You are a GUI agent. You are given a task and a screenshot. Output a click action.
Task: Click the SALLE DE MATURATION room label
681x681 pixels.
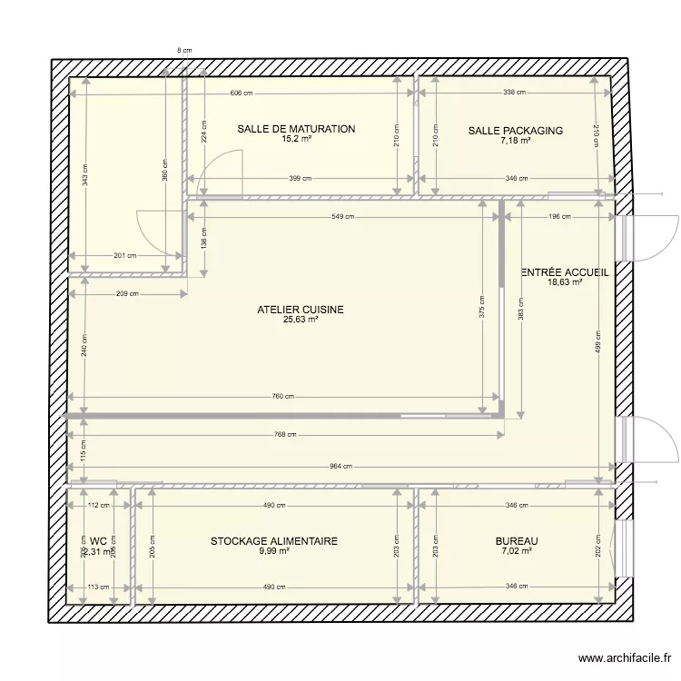tap(296, 130)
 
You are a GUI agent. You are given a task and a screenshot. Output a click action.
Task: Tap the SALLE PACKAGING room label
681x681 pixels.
tap(515, 131)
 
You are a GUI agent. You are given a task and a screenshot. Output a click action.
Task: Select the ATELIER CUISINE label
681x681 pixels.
tap(301, 310)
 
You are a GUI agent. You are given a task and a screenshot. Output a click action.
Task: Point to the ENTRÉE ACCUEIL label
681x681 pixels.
tap(564, 271)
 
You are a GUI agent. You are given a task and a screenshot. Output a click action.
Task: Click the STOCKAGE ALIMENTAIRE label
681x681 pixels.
tap(273, 541)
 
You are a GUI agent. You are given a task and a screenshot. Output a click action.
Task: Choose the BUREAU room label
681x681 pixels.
tap(517, 541)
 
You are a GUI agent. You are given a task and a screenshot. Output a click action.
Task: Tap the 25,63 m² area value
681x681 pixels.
tap(301, 320)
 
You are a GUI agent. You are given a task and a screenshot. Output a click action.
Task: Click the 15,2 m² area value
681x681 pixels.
tap(296, 140)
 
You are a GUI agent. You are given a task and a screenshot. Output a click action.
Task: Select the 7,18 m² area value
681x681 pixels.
tap(515, 141)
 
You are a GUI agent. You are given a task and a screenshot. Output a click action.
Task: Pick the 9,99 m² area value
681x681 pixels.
tap(273, 551)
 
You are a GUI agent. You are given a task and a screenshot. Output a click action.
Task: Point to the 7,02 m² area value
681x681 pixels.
tap(517, 551)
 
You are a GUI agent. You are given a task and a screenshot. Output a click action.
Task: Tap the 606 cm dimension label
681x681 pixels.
tap(242, 94)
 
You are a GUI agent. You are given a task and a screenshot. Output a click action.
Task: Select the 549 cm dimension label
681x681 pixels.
tap(342, 217)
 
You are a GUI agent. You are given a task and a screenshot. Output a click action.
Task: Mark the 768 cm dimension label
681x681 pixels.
tap(285, 435)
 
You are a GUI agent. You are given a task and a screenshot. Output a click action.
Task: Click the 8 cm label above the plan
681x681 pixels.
tap(184, 51)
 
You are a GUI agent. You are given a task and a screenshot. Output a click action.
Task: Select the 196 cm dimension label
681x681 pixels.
tap(559, 217)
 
